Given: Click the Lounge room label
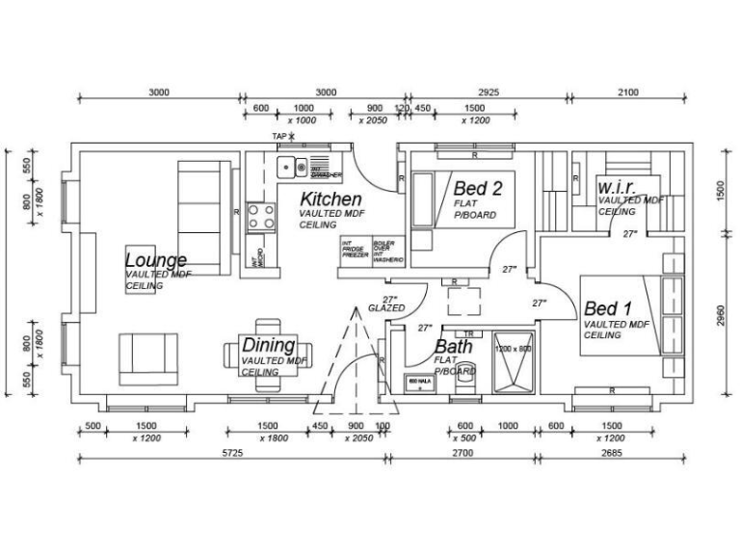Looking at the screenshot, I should click(155, 260).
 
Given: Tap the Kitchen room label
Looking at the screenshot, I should click(331, 198).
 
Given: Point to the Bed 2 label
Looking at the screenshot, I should click(484, 189).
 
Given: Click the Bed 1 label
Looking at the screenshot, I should click(608, 309).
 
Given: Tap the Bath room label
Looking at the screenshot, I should click(453, 347).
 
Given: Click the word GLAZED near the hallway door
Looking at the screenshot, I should click(386, 308).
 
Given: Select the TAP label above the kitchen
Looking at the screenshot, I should click(279, 137).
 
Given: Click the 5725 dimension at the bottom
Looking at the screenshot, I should click(231, 451).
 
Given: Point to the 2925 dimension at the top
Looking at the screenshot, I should click(488, 92).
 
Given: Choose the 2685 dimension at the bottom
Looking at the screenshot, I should click(613, 451).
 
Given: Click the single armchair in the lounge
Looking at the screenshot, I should click(147, 358).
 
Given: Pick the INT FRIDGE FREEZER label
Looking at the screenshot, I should click(353, 251).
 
